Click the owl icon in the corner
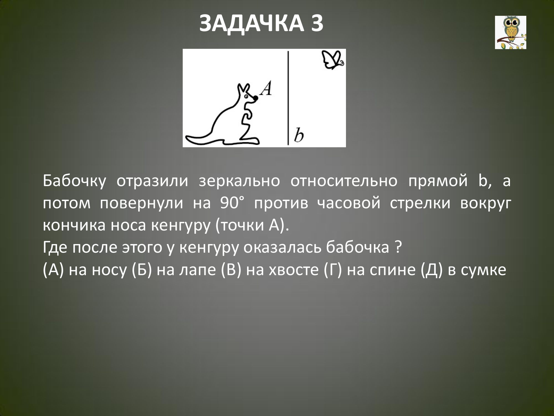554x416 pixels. tap(511, 32)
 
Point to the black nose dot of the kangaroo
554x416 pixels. tap(256, 98)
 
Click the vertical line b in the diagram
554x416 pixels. tap(288, 98)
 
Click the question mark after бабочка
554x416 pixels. tap(398, 247)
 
